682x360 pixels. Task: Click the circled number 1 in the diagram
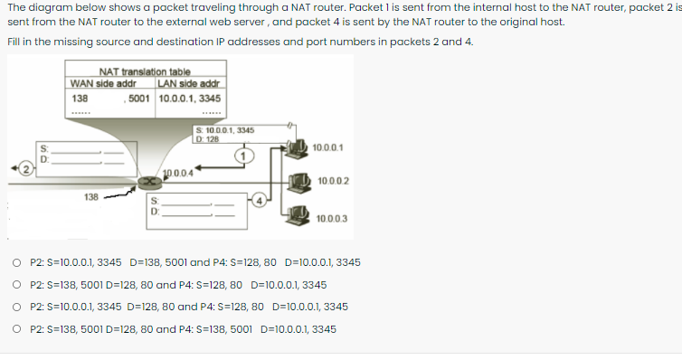pyautogui.click(x=242, y=155)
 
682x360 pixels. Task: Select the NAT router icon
pyautogui.click(x=144, y=183)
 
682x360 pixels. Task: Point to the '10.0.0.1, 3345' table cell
pyautogui.click(x=190, y=98)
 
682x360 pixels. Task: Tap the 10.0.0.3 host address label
pyautogui.click(x=332, y=219)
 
